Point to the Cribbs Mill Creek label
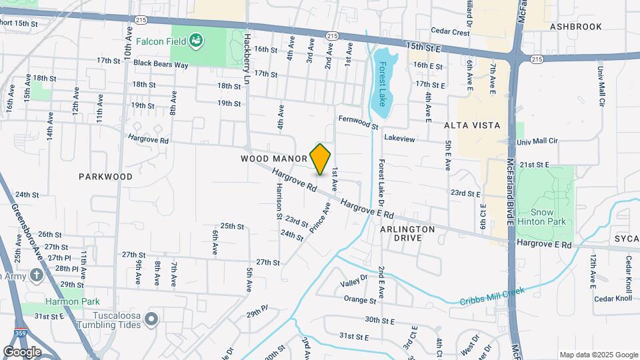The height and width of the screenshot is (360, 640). (x=493, y=296)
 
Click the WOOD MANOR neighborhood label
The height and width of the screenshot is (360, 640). (x=274, y=159)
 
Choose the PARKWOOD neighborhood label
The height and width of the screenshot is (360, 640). (x=105, y=177)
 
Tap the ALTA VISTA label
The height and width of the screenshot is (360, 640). (x=467, y=125)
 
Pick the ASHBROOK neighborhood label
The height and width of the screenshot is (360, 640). (x=576, y=27)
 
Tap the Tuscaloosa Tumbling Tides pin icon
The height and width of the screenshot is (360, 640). (x=151, y=319)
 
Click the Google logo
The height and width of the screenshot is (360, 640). (x=22, y=351)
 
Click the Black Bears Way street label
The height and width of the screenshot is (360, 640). (x=161, y=64)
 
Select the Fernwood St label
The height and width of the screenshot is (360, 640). (x=358, y=122)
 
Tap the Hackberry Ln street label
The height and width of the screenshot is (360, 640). (x=247, y=50)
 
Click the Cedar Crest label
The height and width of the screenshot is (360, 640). (x=450, y=31)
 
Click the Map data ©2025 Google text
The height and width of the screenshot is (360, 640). (x=598, y=355)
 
